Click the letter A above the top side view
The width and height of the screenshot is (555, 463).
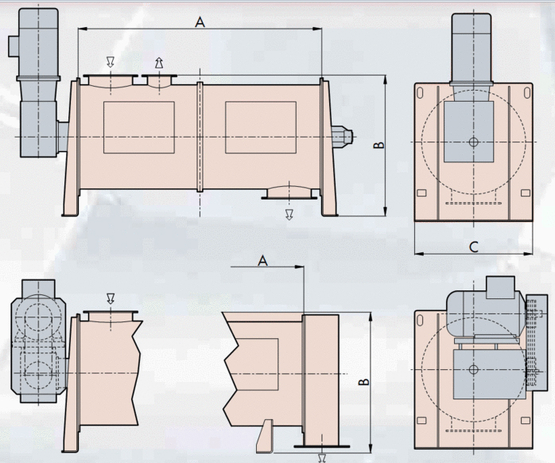(x=200, y=22)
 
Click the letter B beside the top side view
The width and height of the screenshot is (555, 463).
(x=379, y=145)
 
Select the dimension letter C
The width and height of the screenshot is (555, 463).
(x=474, y=247)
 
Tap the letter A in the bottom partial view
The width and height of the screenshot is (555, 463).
(x=262, y=261)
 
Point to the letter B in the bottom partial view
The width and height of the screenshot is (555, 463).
(x=364, y=382)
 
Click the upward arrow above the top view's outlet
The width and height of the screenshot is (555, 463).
(x=159, y=63)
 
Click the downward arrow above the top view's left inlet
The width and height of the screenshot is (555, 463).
(x=111, y=62)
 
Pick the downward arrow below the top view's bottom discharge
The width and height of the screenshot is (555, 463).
(x=289, y=214)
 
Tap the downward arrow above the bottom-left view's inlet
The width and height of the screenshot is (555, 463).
(x=111, y=298)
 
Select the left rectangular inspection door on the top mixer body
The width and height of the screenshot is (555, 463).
(x=138, y=127)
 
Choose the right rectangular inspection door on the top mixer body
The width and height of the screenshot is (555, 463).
(x=261, y=127)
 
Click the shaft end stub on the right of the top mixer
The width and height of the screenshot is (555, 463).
(x=343, y=136)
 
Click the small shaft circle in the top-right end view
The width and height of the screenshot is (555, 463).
(x=473, y=142)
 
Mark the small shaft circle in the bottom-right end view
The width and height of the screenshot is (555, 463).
(x=473, y=369)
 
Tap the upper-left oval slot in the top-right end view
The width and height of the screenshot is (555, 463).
(x=420, y=92)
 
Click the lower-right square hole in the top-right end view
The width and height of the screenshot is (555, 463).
(x=526, y=193)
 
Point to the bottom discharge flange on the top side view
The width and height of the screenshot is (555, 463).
(x=289, y=193)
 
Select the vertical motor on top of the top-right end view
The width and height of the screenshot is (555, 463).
(x=471, y=50)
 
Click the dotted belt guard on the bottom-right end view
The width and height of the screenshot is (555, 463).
(x=537, y=343)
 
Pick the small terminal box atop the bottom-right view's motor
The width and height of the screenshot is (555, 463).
(x=500, y=288)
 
